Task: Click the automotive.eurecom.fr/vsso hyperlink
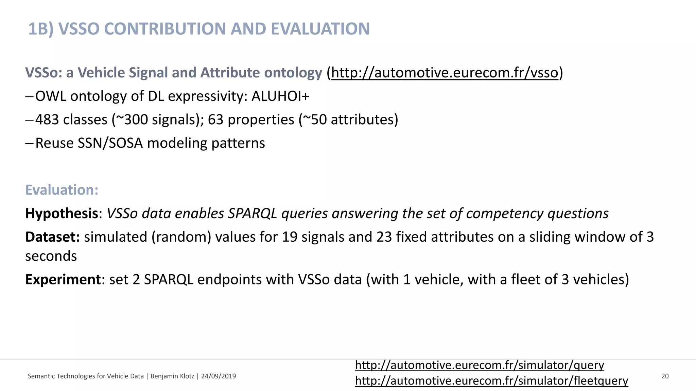tap(445, 73)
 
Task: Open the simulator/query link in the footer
tap(479, 365)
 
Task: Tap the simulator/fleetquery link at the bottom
tap(491, 381)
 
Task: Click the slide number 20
tap(665, 376)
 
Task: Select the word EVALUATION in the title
tap(320, 29)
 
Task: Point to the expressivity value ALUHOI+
tap(280, 96)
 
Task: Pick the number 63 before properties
tap(215, 120)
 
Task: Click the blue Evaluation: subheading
tap(62, 190)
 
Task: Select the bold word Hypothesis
tap(62, 213)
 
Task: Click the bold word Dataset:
tap(52, 237)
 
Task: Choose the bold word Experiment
tap(63, 280)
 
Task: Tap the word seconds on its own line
tap(51, 256)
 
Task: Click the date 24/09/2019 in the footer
tap(219, 376)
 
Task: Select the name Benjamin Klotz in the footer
tap(172, 376)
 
